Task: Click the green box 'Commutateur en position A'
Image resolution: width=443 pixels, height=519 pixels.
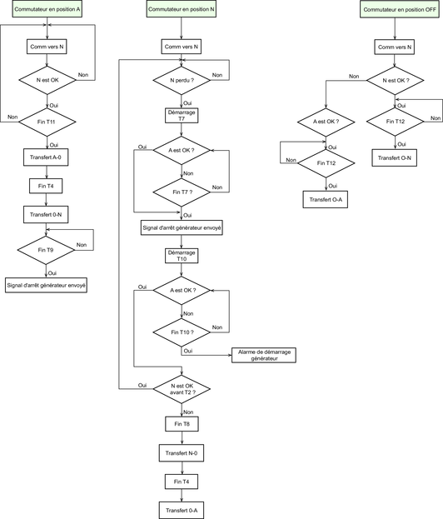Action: click(x=47, y=9)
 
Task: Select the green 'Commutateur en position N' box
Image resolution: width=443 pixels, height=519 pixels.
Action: click(x=182, y=9)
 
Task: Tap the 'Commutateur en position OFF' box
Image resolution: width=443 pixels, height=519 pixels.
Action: click(x=400, y=10)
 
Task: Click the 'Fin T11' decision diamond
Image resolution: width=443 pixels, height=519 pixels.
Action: click(x=47, y=122)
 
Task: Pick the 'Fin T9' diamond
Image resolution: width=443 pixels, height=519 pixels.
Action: click(x=46, y=250)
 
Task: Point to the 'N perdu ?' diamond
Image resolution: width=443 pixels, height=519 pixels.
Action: click(x=182, y=81)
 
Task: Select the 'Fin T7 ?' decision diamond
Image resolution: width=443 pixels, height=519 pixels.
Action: click(x=182, y=192)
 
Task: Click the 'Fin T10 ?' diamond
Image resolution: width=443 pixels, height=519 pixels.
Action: click(x=182, y=332)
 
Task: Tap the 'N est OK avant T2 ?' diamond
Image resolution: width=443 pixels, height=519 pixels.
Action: click(x=182, y=389)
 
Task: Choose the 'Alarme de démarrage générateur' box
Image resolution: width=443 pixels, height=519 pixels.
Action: click(x=264, y=355)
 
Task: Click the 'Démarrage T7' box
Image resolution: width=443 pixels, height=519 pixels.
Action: click(x=182, y=116)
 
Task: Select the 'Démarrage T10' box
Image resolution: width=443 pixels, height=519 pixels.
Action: click(x=182, y=256)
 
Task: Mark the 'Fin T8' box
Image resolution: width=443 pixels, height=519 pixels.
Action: click(x=182, y=424)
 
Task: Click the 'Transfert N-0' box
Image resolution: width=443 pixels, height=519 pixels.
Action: click(x=182, y=453)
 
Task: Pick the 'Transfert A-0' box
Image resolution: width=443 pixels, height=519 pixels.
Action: click(x=46, y=157)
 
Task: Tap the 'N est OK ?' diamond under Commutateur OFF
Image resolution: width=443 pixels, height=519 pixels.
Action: click(x=395, y=81)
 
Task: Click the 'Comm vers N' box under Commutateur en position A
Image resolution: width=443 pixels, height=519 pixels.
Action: click(x=47, y=47)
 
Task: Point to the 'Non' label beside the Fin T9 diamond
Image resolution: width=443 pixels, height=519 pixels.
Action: click(x=82, y=245)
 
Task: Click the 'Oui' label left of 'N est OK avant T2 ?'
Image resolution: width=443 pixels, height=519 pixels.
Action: click(x=142, y=385)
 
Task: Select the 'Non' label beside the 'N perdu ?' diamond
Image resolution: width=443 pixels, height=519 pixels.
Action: click(x=217, y=75)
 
